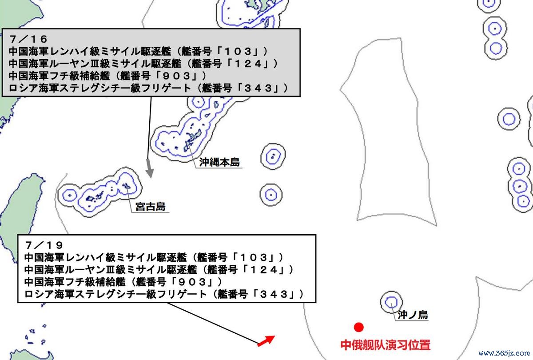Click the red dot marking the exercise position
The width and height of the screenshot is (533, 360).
[358, 328]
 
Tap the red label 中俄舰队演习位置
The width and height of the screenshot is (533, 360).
[386, 345]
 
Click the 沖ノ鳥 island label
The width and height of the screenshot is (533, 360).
[413, 315]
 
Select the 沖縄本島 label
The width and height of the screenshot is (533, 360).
[219, 162]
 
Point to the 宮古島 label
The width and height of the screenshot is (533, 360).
[151, 206]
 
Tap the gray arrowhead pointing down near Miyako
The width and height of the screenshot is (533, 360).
[150, 172]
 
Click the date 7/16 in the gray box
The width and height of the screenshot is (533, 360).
[28, 39]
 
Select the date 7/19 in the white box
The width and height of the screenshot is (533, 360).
[44, 245]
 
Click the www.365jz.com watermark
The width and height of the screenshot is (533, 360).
[504, 353]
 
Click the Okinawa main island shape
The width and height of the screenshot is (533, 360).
[192, 140]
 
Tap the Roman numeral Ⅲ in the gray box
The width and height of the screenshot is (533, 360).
[95, 64]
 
